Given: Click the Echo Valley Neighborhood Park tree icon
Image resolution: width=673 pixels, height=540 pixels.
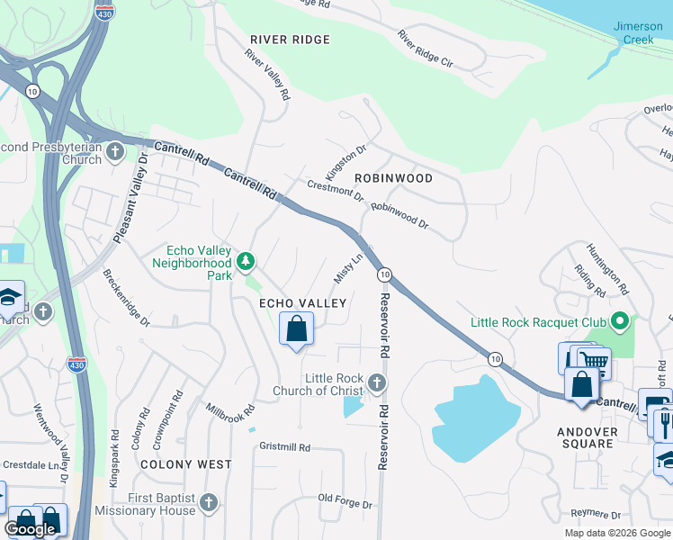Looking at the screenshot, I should pyautogui.click(x=245, y=263).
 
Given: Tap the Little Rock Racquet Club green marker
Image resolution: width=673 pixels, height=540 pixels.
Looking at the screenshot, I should pyautogui.click(x=619, y=321).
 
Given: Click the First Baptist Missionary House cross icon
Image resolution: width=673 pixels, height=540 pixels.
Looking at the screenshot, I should pyautogui.click(x=209, y=502).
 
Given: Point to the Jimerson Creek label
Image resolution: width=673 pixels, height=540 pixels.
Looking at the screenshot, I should pyautogui.click(x=638, y=32).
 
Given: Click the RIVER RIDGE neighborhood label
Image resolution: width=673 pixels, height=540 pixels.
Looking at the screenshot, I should pyautogui.click(x=290, y=40).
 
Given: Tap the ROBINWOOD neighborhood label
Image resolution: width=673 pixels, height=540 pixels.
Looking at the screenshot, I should pyautogui.click(x=393, y=178).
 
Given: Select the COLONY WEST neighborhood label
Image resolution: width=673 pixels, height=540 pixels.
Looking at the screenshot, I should pyautogui.click(x=185, y=464).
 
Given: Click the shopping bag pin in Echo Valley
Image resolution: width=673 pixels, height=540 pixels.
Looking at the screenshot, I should pyautogui.click(x=297, y=329).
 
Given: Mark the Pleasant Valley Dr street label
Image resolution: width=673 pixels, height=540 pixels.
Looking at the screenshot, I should pyautogui.click(x=130, y=199).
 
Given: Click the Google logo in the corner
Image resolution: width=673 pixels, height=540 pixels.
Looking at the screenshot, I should pyautogui.click(x=31, y=529).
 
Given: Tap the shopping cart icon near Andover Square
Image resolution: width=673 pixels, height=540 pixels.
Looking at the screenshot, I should pyautogui.click(x=594, y=363).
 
